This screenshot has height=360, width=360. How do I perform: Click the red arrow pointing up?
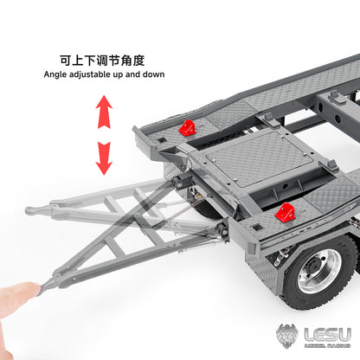(x=104, y=110)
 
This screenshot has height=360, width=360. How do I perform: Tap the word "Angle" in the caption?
(x=57, y=74)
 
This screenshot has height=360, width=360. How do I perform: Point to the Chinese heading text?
(x=102, y=60)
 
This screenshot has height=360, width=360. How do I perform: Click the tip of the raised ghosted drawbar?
(x=31, y=210)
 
